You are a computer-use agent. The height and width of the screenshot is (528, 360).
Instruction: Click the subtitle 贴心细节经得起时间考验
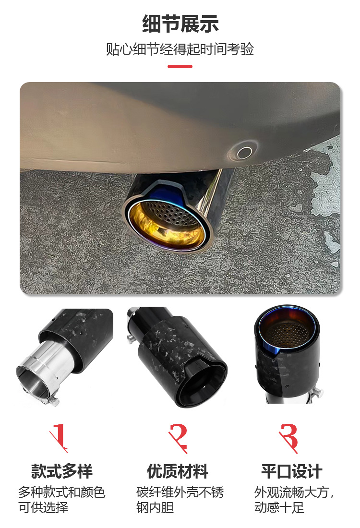pyautogui.click(x=180, y=49)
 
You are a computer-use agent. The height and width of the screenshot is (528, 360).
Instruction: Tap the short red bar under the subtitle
pyautogui.click(x=180, y=66)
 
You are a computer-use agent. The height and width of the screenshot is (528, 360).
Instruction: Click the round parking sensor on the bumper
pyautogui.click(x=245, y=153)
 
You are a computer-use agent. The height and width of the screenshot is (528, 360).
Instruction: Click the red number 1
pyautogui.click(x=59, y=437)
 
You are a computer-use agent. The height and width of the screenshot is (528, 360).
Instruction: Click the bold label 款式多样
pyautogui.click(x=61, y=471)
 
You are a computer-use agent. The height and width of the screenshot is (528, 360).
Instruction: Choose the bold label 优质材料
pyautogui.click(x=178, y=471)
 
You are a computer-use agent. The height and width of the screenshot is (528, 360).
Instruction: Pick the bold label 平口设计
pyautogui.click(x=292, y=471)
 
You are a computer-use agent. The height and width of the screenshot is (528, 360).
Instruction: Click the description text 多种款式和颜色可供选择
pyautogui.click(x=61, y=500)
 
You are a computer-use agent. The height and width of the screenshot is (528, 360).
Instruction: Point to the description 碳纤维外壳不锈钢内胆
pyautogui.click(x=180, y=500)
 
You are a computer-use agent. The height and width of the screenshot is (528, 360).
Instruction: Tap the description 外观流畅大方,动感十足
pyautogui.click(x=294, y=500)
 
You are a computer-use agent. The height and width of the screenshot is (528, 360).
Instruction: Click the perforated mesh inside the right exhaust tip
pyautogui.click(x=287, y=333)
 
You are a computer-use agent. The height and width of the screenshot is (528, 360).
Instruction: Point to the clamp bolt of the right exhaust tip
pyautogui.click(x=317, y=393)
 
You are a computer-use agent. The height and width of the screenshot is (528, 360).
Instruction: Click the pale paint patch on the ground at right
pyautogui.click(x=324, y=189)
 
